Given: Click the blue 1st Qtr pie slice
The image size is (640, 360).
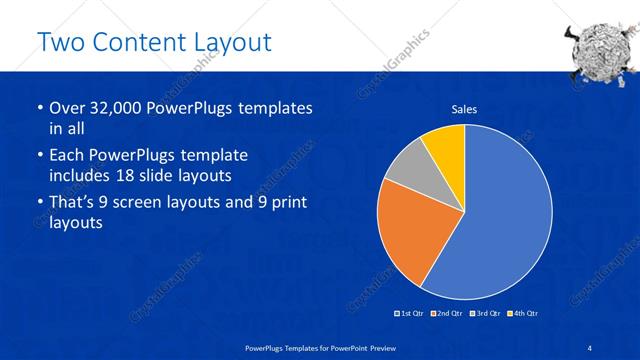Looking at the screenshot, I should pos(505,220).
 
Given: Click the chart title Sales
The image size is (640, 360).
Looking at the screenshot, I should pos(464,109).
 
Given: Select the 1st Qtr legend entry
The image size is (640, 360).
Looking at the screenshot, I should pos(409,314).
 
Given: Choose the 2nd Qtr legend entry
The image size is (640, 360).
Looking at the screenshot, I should pos(445,314).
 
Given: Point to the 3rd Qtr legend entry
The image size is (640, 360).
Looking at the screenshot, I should pos(484,314).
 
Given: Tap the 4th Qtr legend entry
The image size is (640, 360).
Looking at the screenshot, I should pos(522,314).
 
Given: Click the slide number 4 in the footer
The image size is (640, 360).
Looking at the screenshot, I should pos(589,347).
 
